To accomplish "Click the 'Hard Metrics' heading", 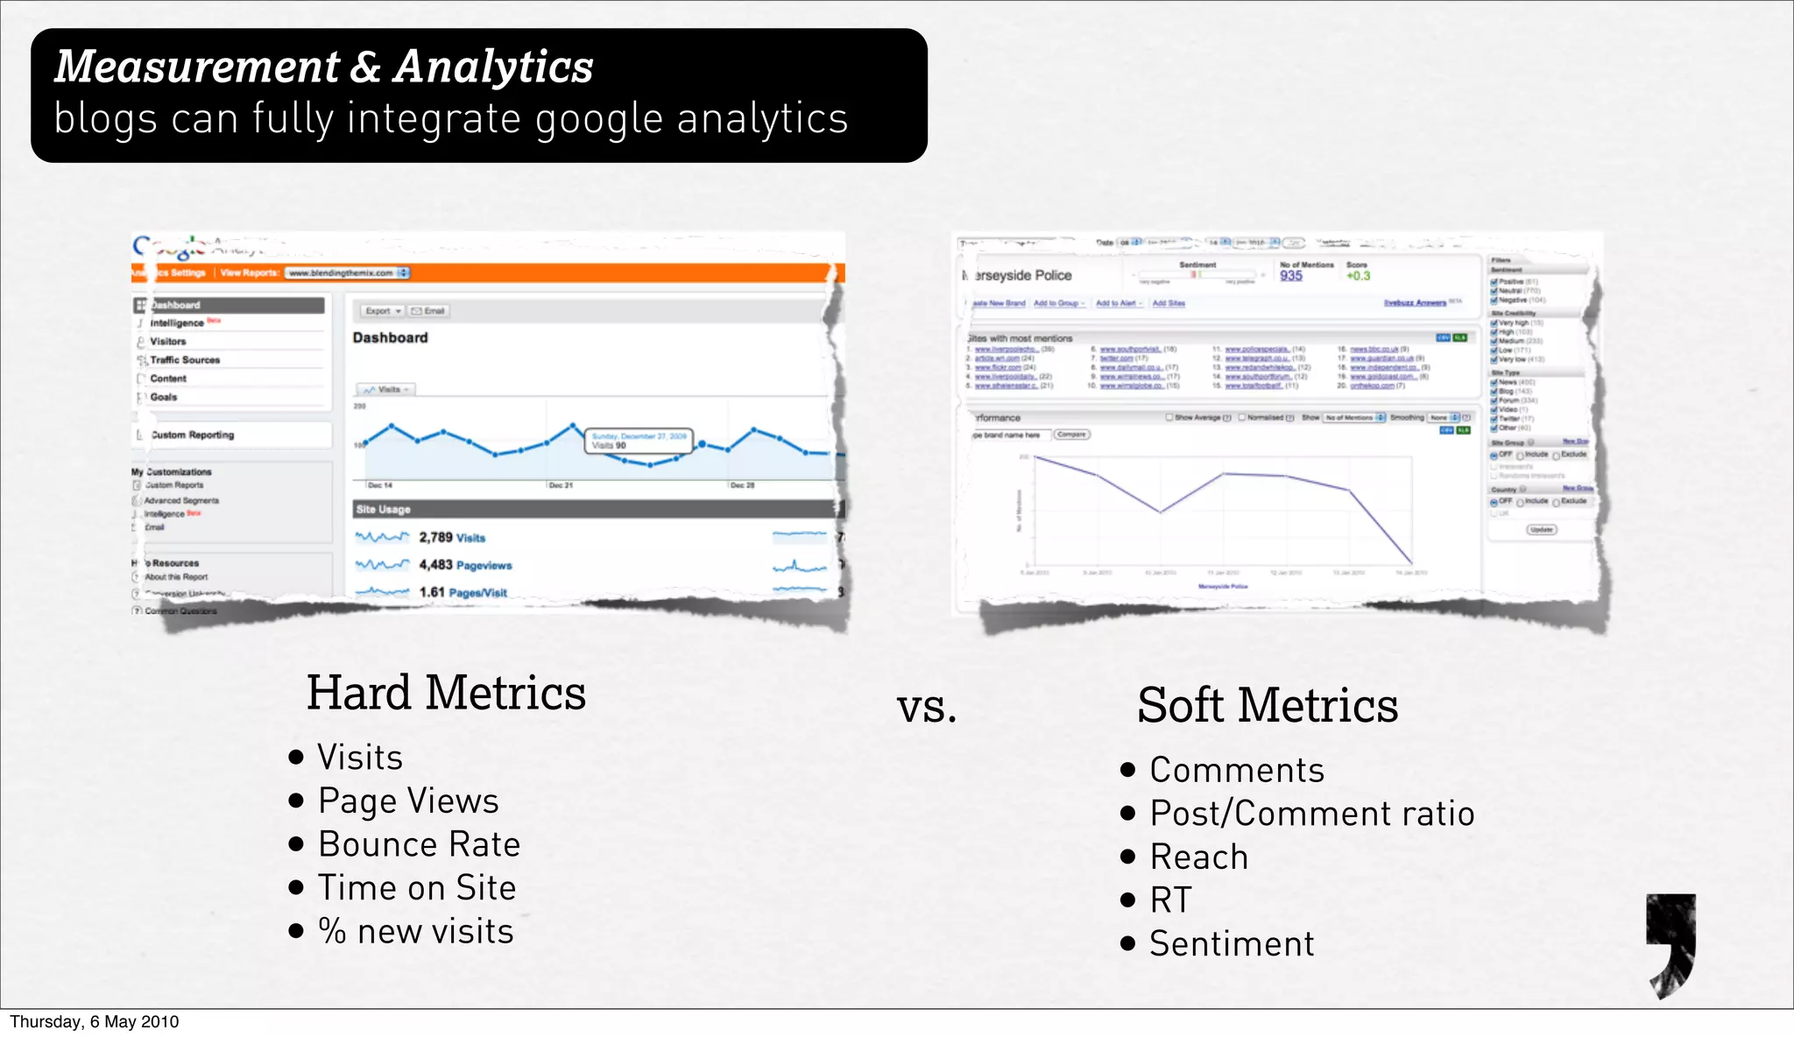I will click(x=446, y=694).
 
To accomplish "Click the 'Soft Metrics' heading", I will click(x=1267, y=706).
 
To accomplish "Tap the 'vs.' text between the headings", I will click(x=926, y=708).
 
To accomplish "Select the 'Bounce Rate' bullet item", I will click(x=419, y=844).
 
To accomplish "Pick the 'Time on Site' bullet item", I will click(x=416, y=888).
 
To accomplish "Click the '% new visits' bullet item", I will click(x=415, y=931).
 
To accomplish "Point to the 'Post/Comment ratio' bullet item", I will click(x=1311, y=814).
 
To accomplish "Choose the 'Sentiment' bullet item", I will click(x=1231, y=944).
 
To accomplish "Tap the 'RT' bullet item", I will click(x=1170, y=900).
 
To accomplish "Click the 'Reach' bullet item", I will click(x=1198, y=857).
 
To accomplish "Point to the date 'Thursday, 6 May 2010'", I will click(x=95, y=1022).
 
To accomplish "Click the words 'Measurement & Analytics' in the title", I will click(x=324, y=67).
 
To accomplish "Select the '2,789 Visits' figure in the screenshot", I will click(x=451, y=538).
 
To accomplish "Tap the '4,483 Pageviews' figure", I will click(x=465, y=565).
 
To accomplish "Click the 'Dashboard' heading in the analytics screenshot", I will click(x=390, y=338).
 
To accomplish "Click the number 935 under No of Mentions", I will click(x=1290, y=276).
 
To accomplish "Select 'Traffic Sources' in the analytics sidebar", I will click(x=185, y=360).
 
